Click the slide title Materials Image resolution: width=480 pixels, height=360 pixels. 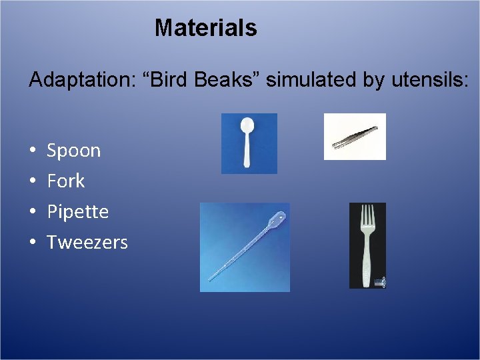[x=205, y=28]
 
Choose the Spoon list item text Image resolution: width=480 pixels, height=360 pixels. [x=73, y=151]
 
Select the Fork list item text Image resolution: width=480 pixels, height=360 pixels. [x=65, y=181]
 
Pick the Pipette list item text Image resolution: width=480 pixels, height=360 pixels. [x=77, y=212]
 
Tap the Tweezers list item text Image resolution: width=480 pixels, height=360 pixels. [x=87, y=242]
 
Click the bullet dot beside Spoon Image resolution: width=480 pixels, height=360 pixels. [x=33, y=151]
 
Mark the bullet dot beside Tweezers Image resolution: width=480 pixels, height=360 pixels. [x=33, y=243]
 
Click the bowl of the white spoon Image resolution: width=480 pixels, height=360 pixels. [x=247, y=127]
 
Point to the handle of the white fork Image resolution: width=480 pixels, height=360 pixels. [x=367, y=263]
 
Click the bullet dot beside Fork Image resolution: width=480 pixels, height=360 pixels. [x=33, y=181]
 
